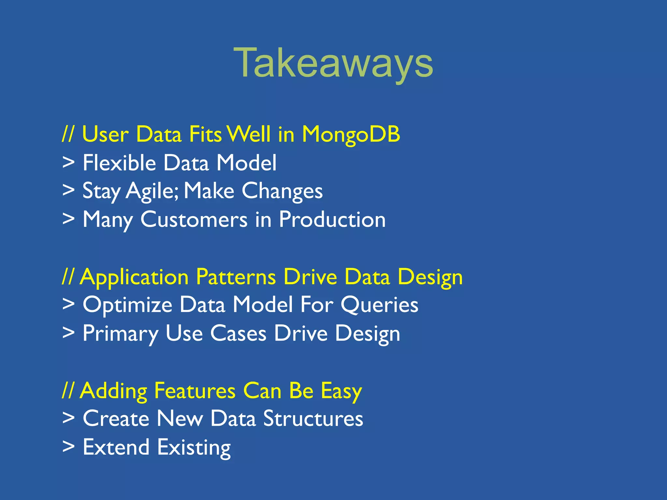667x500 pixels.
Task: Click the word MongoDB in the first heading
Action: click(351, 134)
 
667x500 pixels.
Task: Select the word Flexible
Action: click(119, 163)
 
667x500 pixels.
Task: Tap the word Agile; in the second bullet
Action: click(152, 191)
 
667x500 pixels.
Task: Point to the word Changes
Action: click(282, 191)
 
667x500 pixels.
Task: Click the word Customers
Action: click(194, 219)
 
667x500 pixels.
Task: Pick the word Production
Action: click(332, 219)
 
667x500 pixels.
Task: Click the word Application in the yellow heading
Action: click(135, 277)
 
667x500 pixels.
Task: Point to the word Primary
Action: click(120, 334)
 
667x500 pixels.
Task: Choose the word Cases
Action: click(238, 334)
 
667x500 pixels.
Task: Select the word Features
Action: click(195, 390)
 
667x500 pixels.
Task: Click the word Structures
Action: click(313, 419)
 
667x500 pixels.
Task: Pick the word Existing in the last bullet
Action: click(194, 448)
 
